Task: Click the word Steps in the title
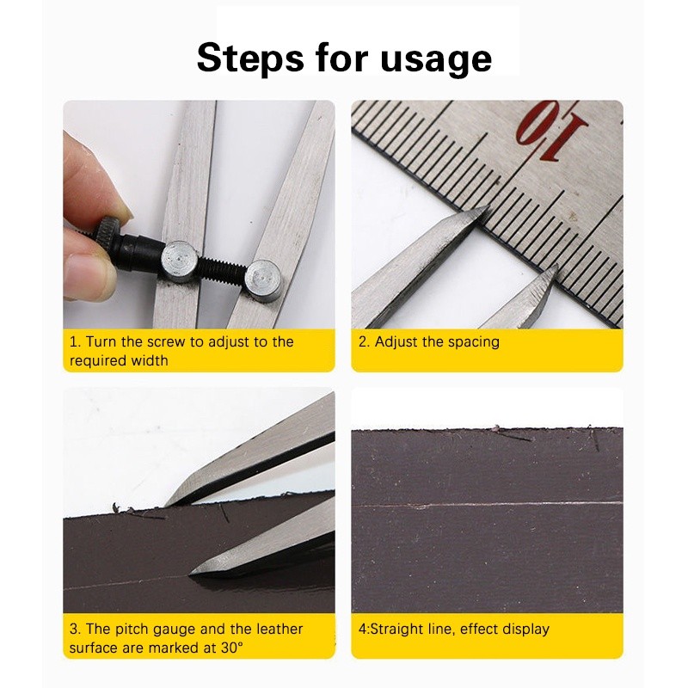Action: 250,58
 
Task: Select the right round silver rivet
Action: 262,279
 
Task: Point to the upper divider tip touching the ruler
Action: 486,208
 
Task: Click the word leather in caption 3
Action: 279,630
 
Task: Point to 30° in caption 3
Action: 231,648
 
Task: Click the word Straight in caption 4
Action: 397,630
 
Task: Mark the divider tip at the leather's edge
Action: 167,506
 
